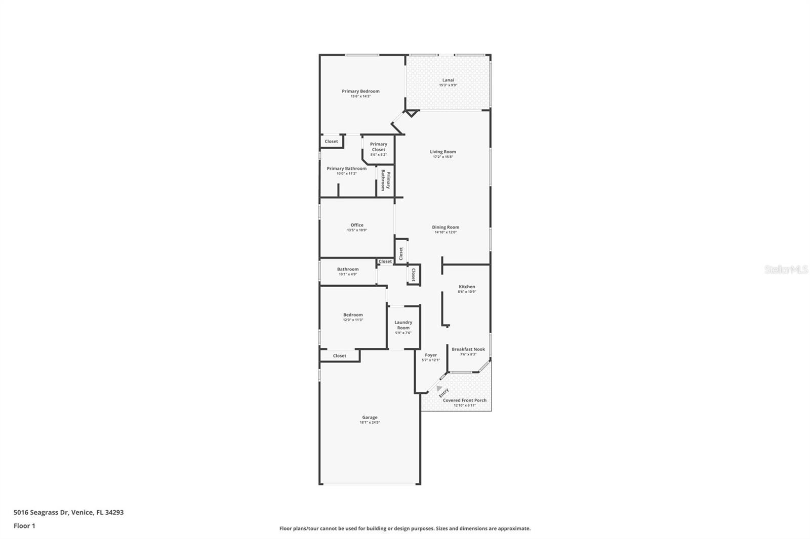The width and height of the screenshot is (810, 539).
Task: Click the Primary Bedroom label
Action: (x=360, y=92)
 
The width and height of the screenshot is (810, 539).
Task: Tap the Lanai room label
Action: (x=448, y=80)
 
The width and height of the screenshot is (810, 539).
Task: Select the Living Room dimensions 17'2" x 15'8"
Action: (x=443, y=157)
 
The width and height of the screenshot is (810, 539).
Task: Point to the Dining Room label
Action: (x=445, y=227)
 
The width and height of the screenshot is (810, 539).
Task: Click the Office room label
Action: (x=357, y=225)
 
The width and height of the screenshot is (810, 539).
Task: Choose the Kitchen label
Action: (x=467, y=287)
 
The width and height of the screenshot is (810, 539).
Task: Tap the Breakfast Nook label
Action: (x=468, y=349)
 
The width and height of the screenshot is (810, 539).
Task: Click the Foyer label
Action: (x=431, y=355)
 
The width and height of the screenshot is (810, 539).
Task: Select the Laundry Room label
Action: (x=403, y=325)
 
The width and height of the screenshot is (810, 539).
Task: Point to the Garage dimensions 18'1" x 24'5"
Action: (x=370, y=422)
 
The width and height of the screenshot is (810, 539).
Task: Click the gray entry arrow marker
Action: (x=439, y=388)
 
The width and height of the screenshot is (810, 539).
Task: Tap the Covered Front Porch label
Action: (x=465, y=400)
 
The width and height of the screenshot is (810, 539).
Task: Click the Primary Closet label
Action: (x=379, y=147)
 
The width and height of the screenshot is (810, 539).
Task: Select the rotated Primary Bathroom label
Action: (x=385, y=181)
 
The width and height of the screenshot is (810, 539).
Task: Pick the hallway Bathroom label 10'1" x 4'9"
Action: (x=348, y=269)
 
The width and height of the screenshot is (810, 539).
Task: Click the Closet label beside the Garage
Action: (x=340, y=356)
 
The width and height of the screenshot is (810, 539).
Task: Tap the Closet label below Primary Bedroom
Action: (x=332, y=142)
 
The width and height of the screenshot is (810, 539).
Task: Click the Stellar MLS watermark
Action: (x=786, y=269)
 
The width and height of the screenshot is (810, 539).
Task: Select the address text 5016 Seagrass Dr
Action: (x=41, y=512)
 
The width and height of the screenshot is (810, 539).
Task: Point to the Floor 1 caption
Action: (x=24, y=526)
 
